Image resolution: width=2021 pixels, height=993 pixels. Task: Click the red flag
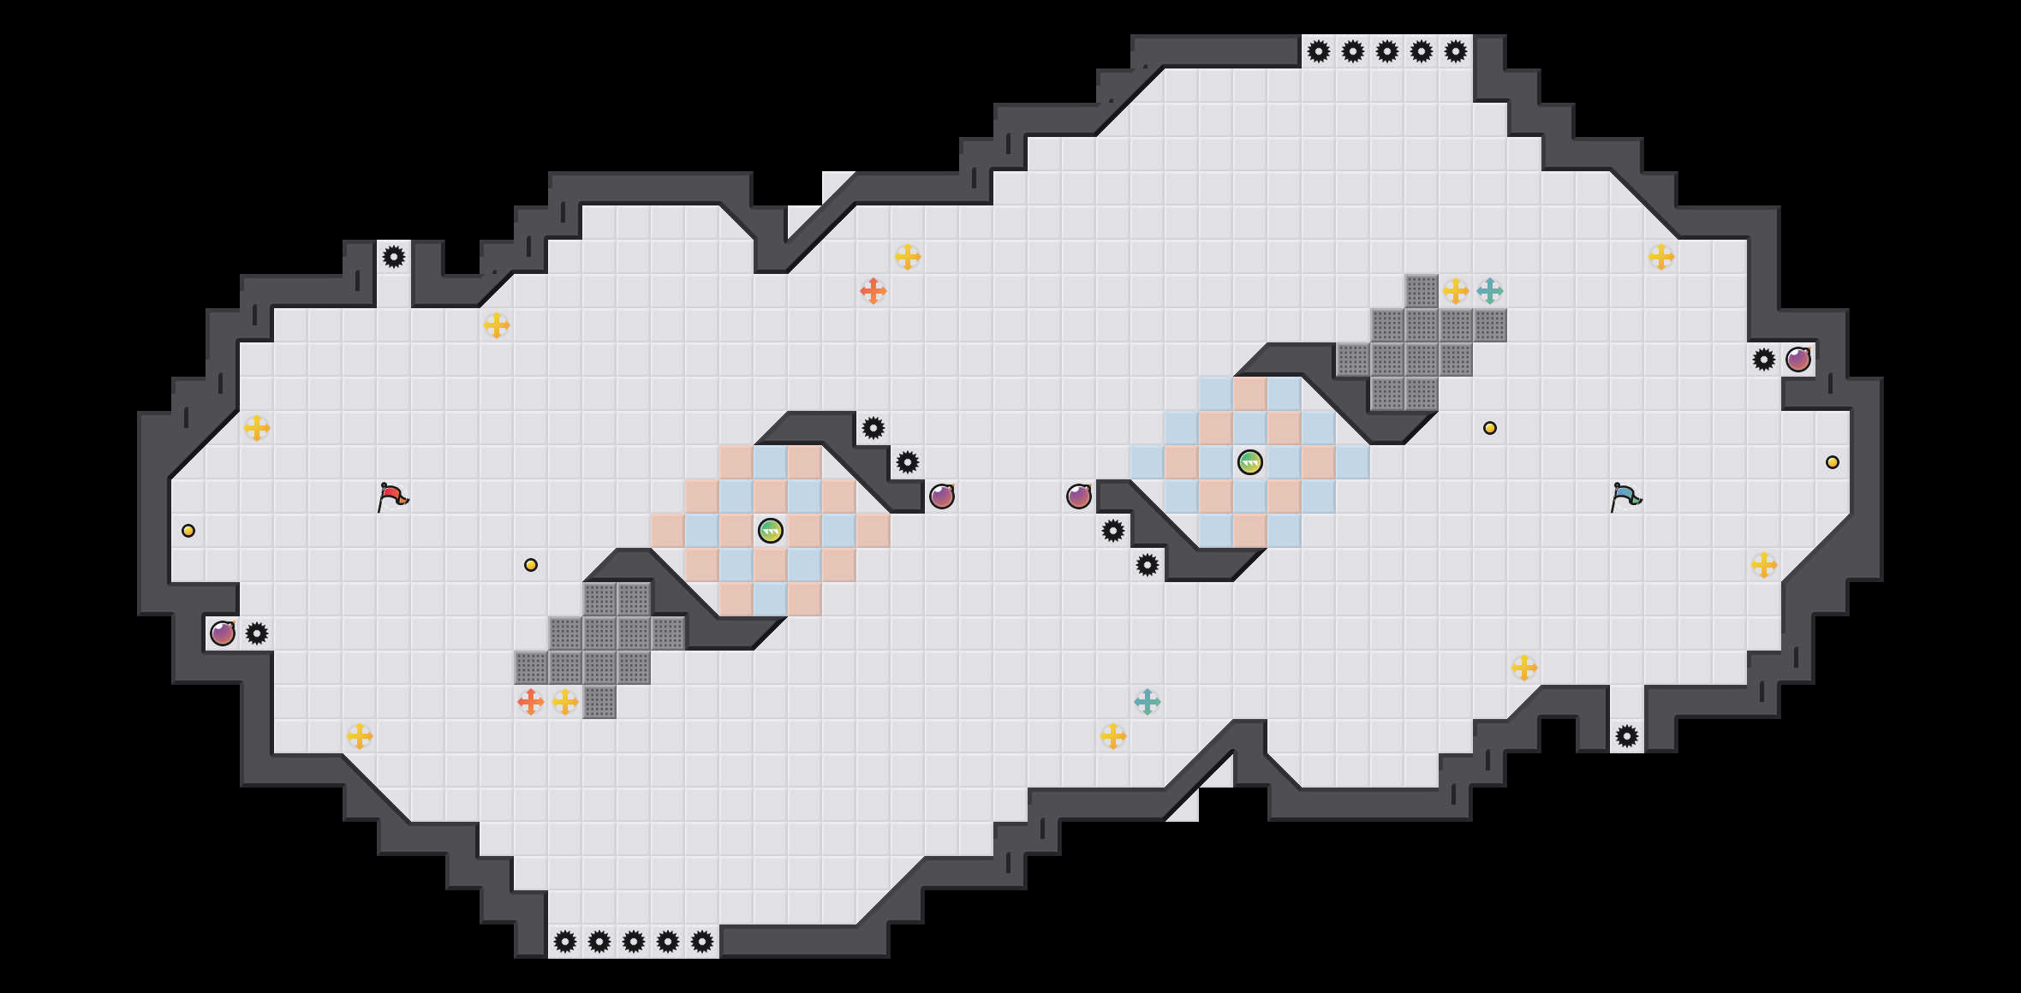(x=392, y=496)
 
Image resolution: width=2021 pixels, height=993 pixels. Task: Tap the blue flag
(x=1625, y=496)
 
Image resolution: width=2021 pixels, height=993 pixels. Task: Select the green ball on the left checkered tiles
(x=771, y=531)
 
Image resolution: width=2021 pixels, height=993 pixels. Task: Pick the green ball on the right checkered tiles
(x=1250, y=462)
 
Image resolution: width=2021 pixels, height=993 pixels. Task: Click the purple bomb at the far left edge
(x=223, y=633)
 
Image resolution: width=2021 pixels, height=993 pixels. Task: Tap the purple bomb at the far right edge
(x=1798, y=360)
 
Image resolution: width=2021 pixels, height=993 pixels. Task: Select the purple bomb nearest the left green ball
(x=942, y=496)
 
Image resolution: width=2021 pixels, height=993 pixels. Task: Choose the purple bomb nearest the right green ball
(x=1079, y=496)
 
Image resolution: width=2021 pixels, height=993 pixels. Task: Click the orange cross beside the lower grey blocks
(x=531, y=702)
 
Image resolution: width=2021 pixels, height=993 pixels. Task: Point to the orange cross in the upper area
(x=873, y=291)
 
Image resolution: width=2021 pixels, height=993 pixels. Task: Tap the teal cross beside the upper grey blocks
(x=1490, y=291)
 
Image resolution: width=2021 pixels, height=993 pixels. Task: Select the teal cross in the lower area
(x=1148, y=702)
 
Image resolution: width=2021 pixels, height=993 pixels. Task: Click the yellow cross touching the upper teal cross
(x=1456, y=291)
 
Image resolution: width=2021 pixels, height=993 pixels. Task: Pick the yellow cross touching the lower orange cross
(x=565, y=702)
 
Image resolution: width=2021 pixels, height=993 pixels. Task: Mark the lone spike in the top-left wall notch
(x=394, y=257)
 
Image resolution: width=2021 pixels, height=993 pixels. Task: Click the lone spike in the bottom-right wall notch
(x=1627, y=736)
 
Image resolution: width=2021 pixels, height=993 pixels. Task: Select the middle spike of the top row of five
(x=1387, y=51)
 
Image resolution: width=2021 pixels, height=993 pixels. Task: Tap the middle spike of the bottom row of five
(x=634, y=942)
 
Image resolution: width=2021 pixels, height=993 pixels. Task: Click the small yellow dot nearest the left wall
(x=188, y=531)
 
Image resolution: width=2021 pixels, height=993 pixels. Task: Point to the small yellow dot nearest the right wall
(x=1833, y=462)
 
